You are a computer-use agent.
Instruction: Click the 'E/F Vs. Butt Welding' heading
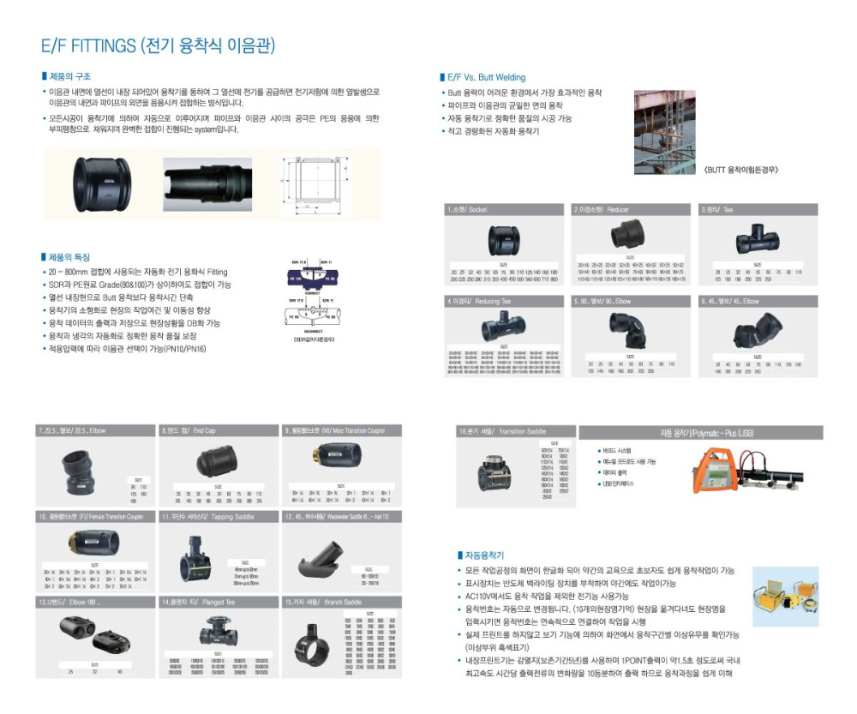tap(486, 77)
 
